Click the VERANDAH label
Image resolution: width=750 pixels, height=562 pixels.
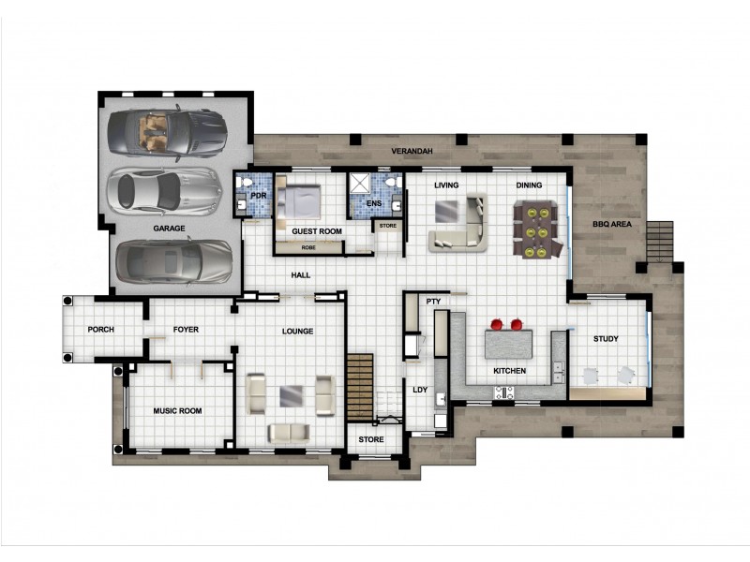[412, 151]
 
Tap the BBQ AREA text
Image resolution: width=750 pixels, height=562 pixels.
[612, 224]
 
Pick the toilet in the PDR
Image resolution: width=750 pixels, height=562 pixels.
[247, 182]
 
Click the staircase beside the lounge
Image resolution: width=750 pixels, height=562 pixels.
[360, 387]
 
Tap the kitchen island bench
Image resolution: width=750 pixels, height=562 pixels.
[508, 344]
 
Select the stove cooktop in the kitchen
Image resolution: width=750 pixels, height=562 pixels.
[504, 392]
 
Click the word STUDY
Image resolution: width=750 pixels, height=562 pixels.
[606, 339]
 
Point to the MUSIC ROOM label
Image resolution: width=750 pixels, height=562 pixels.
[177, 410]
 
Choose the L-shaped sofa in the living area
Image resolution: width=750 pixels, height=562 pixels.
[459, 223]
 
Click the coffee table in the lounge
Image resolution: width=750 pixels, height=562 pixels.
[291, 396]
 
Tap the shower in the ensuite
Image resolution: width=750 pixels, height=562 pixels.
[359, 183]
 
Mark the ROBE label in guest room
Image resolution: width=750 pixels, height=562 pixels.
[308, 248]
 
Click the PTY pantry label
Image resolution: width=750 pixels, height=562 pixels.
[433, 302]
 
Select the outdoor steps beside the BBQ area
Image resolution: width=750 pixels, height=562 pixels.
[660, 242]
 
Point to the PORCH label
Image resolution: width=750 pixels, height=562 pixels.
[101, 330]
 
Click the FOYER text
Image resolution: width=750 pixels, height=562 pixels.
[186, 330]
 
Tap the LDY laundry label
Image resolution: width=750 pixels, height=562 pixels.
[420, 390]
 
